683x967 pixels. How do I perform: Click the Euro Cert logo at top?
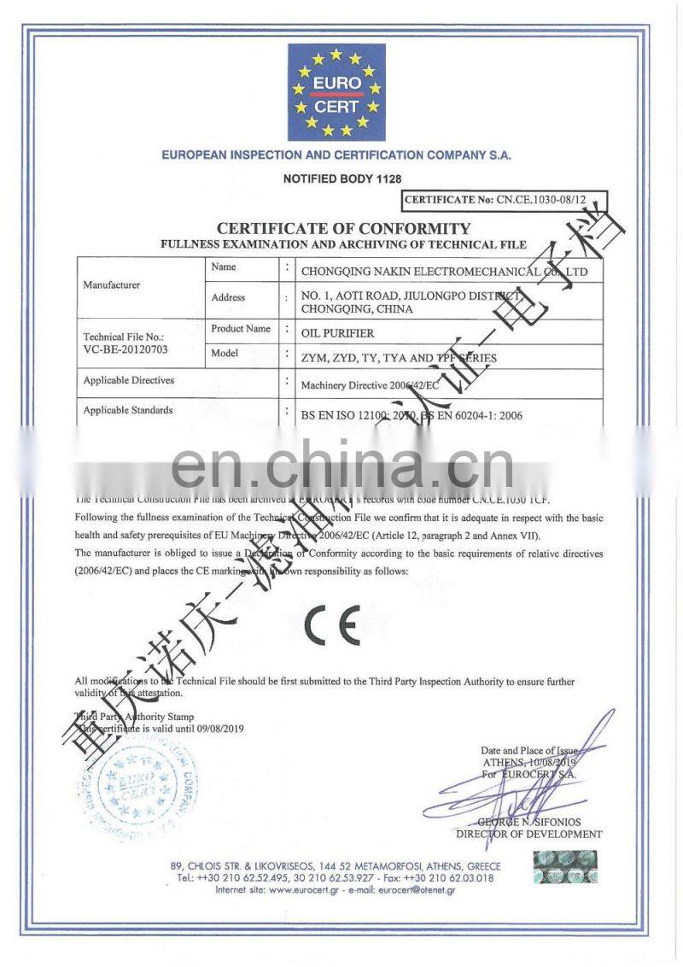[336, 93]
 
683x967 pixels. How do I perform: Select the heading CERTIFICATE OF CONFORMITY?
[343, 228]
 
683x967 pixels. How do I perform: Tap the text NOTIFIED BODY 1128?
[341, 179]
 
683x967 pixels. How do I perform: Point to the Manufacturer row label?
[111, 284]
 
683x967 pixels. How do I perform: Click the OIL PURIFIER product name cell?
[338, 332]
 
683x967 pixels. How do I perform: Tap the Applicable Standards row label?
[128, 410]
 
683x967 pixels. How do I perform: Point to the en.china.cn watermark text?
[341, 466]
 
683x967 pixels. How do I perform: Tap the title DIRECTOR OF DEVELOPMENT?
[529, 834]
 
